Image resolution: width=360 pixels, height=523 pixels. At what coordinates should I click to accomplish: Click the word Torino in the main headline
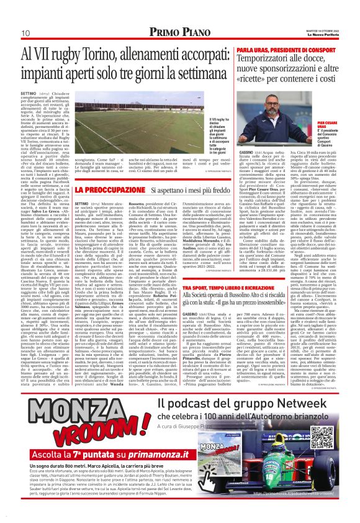(106, 54)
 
